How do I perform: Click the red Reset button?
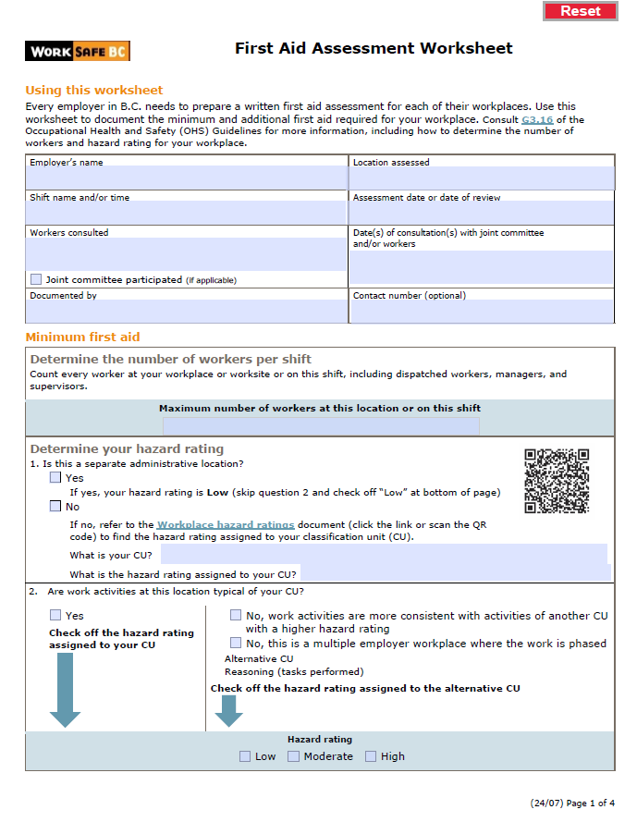click(x=580, y=11)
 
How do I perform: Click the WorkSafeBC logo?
click(x=78, y=51)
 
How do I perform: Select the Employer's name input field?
click(x=187, y=178)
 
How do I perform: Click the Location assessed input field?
click(x=482, y=178)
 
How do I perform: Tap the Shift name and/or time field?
click(x=187, y=213)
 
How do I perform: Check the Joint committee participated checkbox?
click(x=36, y=279)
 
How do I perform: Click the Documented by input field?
click(x=187, y=312)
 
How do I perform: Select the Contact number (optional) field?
click(x=482, y=312)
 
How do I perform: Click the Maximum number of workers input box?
click(x=321, y=426)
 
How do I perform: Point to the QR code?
click(x=557, y=481)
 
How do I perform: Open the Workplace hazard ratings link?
click(x=226, y=524)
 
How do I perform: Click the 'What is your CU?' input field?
click(x=384, y=554)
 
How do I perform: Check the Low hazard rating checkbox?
click(x=245, y=756)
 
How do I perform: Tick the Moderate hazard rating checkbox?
click(x=293, y=756)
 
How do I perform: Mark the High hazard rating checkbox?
click(x=371, y=756)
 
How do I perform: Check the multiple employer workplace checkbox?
click(x=236, y=643)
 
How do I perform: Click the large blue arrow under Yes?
click(x=65, y=689)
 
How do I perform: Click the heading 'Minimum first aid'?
click(x=82, y=337)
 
